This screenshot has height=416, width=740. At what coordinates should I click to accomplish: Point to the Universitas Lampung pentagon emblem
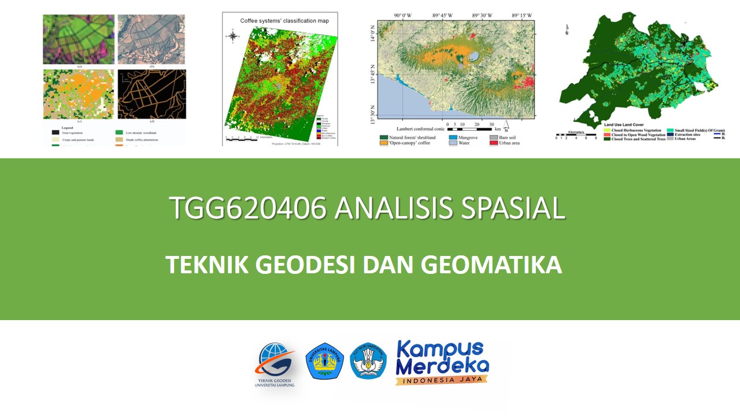coord(324,361)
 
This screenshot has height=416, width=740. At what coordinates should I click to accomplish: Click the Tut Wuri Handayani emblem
coord(368,361)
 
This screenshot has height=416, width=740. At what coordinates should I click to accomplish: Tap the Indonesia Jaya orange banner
coord(442,380)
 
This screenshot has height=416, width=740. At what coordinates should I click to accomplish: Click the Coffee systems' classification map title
coord(284,21)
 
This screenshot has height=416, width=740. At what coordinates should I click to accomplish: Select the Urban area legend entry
coord(506,143)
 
